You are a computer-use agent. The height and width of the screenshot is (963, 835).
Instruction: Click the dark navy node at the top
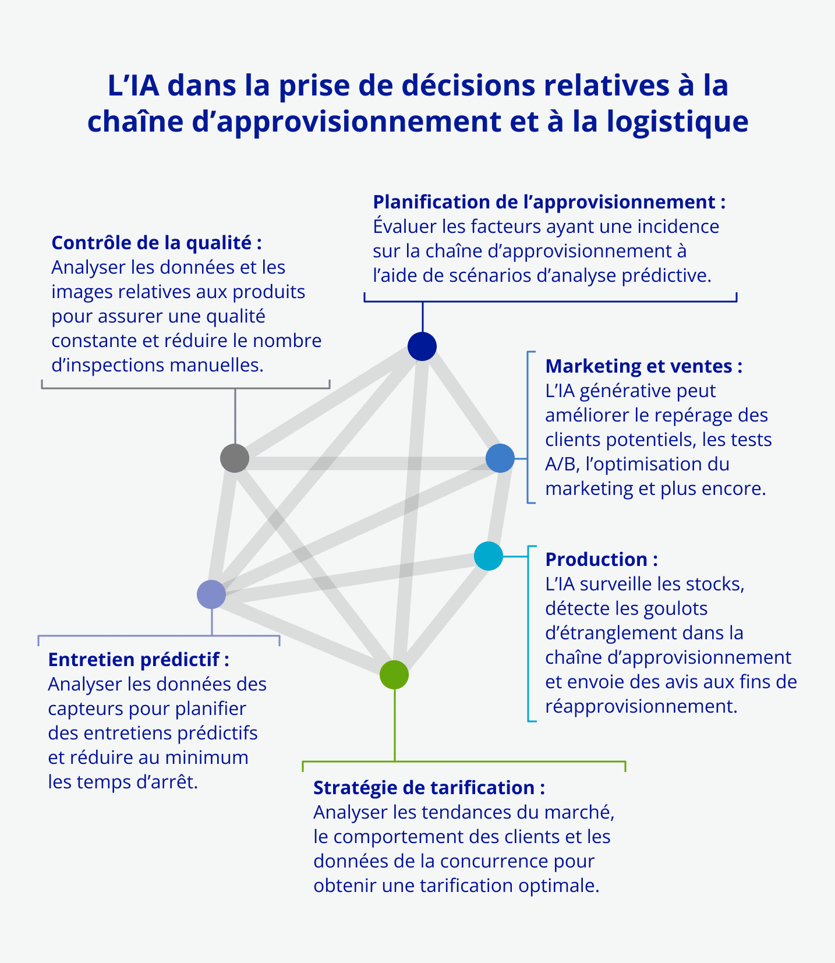pyautogui.click(x=422, y=346)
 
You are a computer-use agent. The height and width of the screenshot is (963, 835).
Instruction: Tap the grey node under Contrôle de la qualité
pyautogui.click(x=235, y=458)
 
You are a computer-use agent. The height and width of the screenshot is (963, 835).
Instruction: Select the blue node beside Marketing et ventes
pyautogui.click(x=500, y=458)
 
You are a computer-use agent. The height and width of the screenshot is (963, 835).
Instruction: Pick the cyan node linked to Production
pyautogui.click(x=489, y=556)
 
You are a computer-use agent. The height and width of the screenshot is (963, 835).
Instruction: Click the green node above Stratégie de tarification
pyautogui.click(x=394, y=675)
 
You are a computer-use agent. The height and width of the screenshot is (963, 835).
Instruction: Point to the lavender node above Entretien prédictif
pyautogui.click(x=211, y=594)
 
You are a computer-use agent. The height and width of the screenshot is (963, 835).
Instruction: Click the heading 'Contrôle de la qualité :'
pyautogui.click(x=157, y=243)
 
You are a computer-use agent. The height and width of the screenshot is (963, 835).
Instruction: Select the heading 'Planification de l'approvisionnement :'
pyautogui.click(x=549, y=202)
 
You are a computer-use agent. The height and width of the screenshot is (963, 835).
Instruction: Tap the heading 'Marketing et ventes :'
pyautogui.click(x=643, y=366)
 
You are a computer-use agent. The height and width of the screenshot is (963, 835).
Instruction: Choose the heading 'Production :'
pyautogui.click(x=602, y=560)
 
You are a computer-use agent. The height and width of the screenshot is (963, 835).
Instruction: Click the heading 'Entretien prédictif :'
pyautogui.click(x=139, y=660)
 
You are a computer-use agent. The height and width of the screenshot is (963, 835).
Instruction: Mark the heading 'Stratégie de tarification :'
pyautogui.click(x=429, y=788)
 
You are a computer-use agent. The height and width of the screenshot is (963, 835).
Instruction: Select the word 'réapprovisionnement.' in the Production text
pyautogui.click(x=641, y=706)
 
